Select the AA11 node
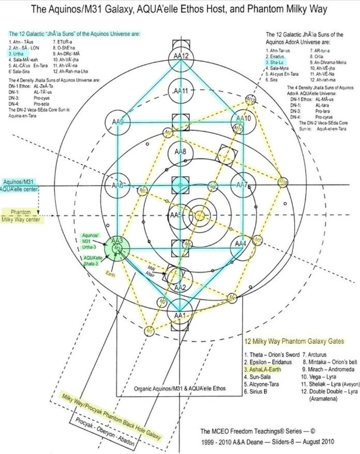pyautogui.click(x=179, y=91)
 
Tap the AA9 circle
pyautogui.click(x=119, y=122)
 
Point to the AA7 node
pyautogui.click(x=241, y=185)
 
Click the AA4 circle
pyautogui.click(x=241, y=243)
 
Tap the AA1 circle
pyautogui.click(x=179, y=314)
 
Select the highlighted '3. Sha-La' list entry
pyautogui.click(x=275, y=62)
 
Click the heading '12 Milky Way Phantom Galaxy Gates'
pyautogui.click(x=293, y=341)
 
